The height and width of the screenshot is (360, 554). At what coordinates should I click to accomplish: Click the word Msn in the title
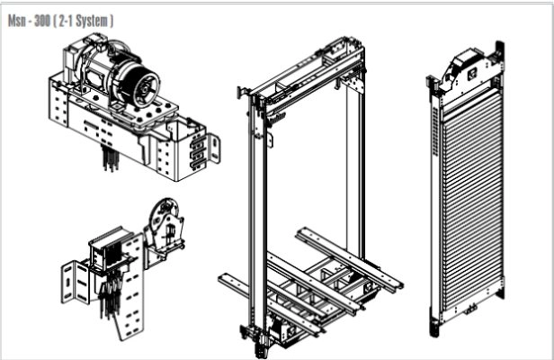17,21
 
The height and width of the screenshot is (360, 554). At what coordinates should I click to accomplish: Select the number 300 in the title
42,21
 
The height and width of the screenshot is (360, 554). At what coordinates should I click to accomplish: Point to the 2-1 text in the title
66,21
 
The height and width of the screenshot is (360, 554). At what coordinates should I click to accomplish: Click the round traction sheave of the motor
143,85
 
